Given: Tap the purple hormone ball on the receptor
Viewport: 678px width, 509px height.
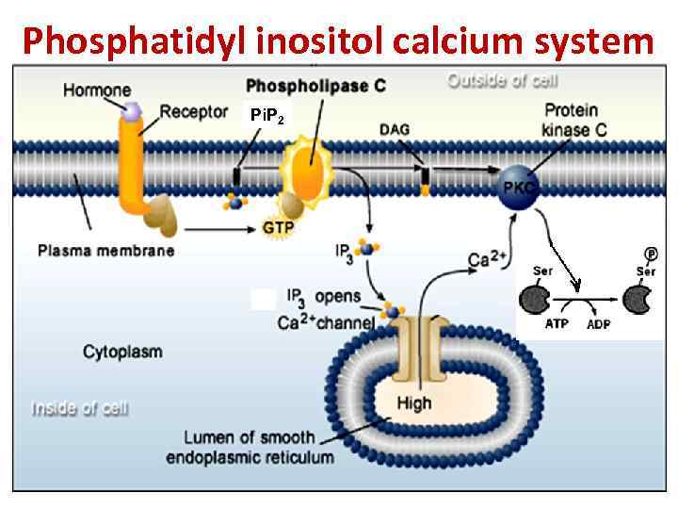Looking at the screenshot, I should point(132,112).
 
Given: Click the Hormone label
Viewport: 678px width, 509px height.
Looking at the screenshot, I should point(97,90).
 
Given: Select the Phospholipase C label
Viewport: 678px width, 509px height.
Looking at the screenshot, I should point(315,86).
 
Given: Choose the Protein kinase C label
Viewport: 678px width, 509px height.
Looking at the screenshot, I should point(576,120).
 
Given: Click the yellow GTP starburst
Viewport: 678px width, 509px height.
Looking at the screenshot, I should point(278,228).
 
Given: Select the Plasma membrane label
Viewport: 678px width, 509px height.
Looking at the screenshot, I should point(106,251).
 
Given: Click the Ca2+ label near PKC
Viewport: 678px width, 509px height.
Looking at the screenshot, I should point(488,259).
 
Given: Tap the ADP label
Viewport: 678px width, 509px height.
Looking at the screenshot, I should point(598,324).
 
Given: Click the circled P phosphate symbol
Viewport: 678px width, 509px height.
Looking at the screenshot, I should point(650,254).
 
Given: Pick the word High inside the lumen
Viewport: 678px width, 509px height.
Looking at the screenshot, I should point(413,402).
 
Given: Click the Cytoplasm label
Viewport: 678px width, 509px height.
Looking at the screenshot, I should point(122,353).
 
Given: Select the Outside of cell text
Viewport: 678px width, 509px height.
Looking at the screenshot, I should point(502,81).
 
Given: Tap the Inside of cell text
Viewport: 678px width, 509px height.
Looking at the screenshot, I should point(80,409).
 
